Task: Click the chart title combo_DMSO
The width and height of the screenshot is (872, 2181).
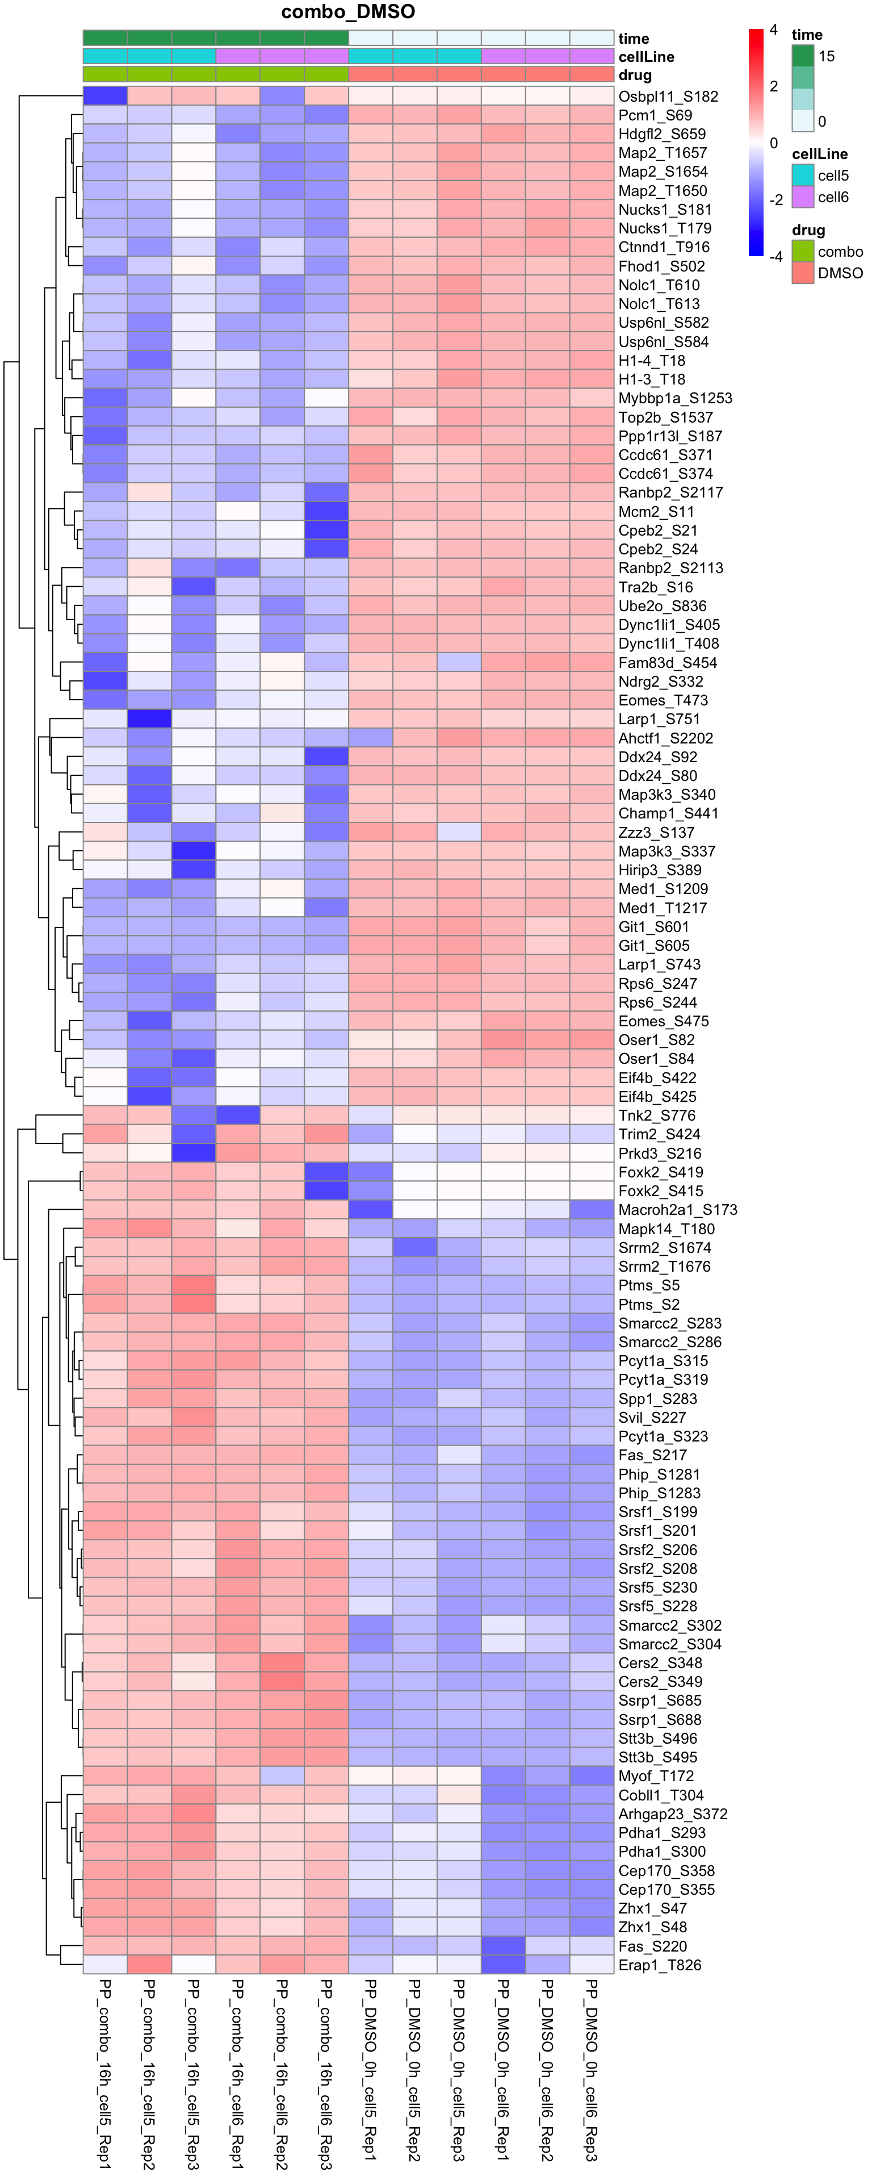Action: pyautogui.click(x=348, y=12)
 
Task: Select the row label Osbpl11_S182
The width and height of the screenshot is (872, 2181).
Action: pyautogui.click(x=668, y=97)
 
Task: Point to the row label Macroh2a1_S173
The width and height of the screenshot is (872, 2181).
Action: pyautogui.click(x=677, y=1210)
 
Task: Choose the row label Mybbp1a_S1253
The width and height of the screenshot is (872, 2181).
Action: pyautogui.click(x=675, y=398)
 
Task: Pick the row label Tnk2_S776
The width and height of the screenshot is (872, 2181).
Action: pyautogui.click(x=657, y=1115)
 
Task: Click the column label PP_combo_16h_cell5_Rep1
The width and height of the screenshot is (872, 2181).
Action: pyautogui.click(x=105, y=2074)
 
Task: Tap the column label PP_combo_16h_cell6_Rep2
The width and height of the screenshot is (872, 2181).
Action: pyautogui.click(x=282, y=2074)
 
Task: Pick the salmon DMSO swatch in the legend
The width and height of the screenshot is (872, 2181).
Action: pyautogui.click(x=803, y=273)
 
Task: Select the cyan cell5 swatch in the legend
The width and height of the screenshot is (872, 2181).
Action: pyautogui.click(x=803, y=176)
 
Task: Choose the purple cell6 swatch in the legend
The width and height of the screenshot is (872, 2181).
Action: pyautogui.click(x=803, y=197)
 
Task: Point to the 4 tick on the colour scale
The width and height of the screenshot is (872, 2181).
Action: pyautogui.click(x=773, y=31)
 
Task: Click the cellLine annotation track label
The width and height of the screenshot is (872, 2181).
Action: pyautogui.click(x=646, y=57)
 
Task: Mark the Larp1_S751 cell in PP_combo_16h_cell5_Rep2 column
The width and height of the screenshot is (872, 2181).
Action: pyautogui.click(x=149, y=719)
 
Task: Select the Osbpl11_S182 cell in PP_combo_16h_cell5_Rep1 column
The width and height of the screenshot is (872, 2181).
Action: pyautogui.click(x=105, y=97)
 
